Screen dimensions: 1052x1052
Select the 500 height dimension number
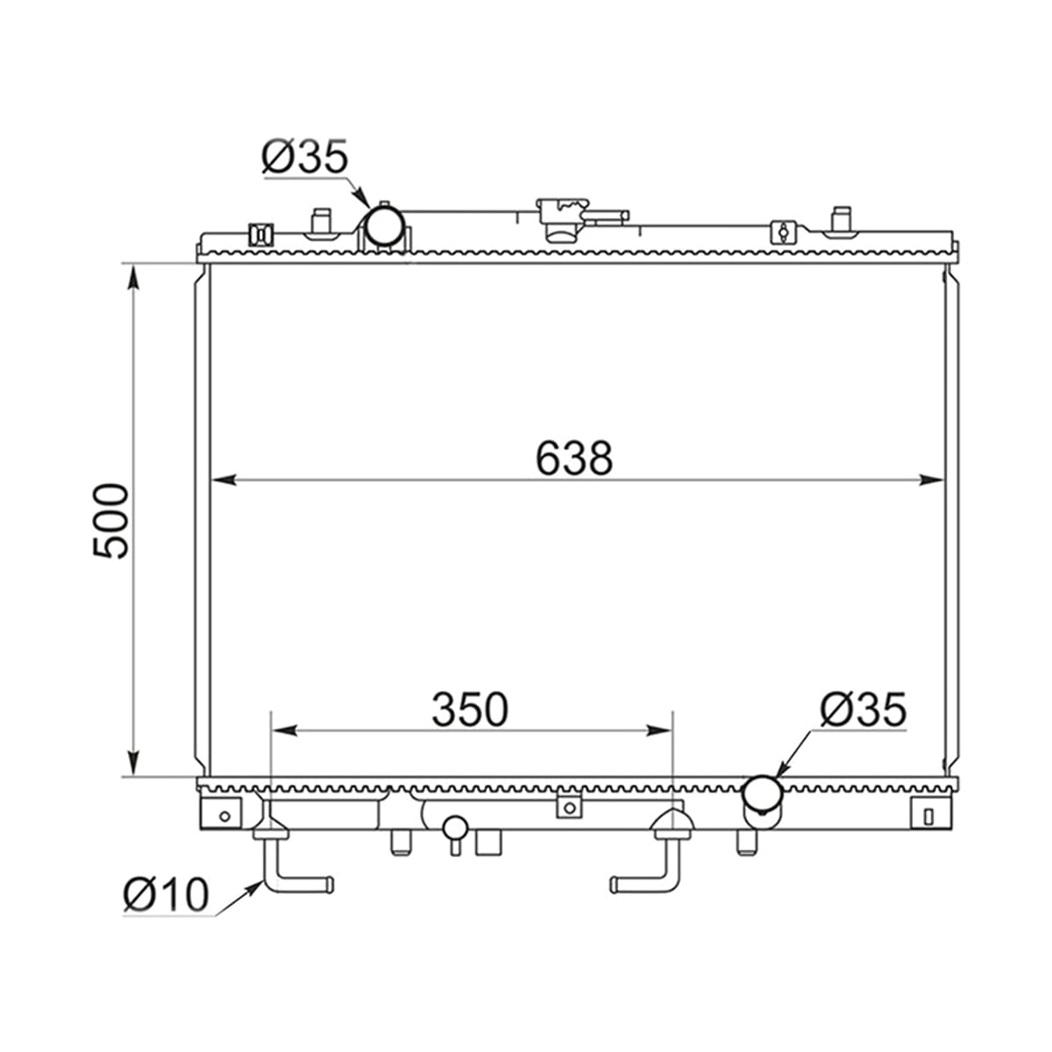point(110,521)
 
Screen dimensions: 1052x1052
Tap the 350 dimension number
point(470,710)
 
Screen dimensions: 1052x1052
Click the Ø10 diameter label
point(166,894)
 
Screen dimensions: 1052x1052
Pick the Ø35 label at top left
point(304,156)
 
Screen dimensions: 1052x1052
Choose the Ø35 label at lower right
point(864,710)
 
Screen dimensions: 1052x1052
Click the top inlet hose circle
point(385,226)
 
